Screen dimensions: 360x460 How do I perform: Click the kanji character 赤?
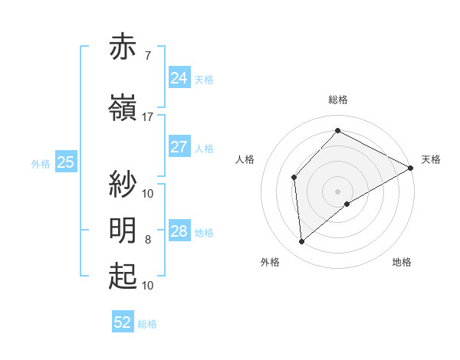coord(123,47)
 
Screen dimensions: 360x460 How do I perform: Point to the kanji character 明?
coord(123,231)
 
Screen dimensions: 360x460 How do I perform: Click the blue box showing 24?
coord(179,78)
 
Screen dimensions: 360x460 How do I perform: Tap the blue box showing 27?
coord(179,147)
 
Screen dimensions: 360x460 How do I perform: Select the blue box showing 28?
coord(179,231)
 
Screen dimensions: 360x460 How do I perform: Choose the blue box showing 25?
coord(66,162)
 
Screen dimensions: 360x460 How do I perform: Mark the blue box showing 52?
coord(123,322)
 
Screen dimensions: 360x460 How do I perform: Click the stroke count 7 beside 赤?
coord(147,56)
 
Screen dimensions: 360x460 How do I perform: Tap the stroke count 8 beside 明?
coord(147,240)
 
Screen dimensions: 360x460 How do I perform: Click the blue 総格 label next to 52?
coord(147,324)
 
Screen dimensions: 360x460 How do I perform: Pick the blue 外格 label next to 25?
coord(41,163)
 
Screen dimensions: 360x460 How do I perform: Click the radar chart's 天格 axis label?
coord(431,159)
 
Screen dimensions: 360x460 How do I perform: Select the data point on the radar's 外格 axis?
coord(301,242)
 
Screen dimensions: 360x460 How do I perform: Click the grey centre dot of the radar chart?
coord(337,191)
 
